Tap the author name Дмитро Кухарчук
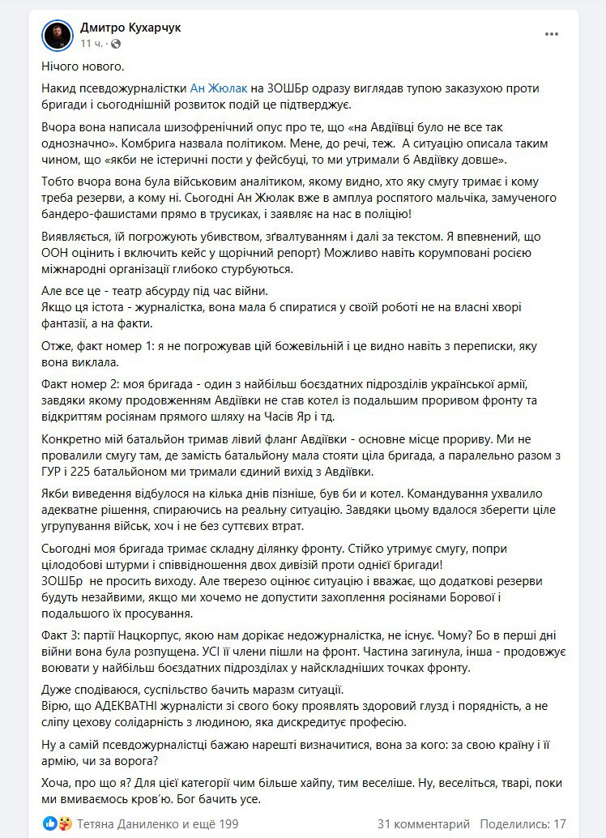(130, 28)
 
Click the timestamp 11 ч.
(91, 43)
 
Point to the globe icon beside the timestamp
(116, 43)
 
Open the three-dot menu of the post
(551, 35)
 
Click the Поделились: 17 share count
(523, 823)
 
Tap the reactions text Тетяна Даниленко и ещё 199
(157, 823)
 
